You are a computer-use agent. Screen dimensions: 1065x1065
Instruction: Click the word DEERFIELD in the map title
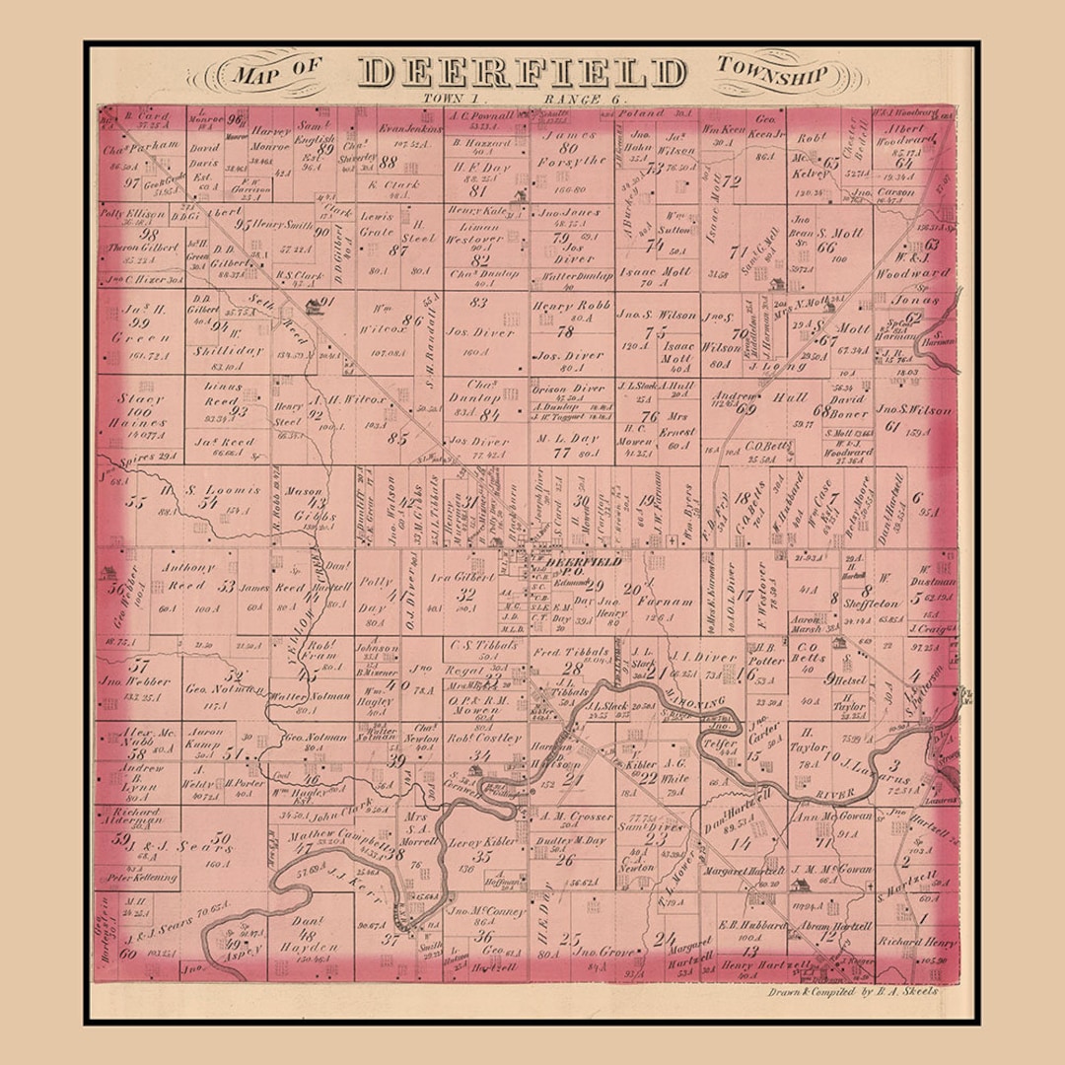(x=523, y=73)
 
